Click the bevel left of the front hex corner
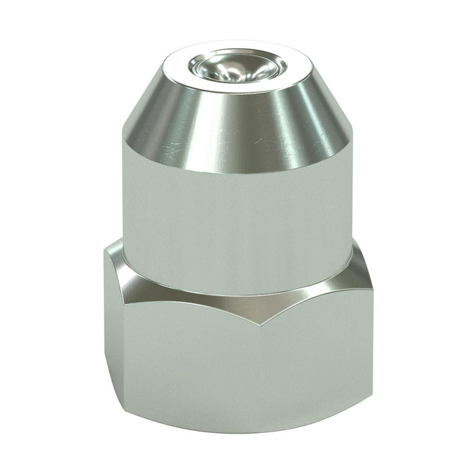pos(176,292)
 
